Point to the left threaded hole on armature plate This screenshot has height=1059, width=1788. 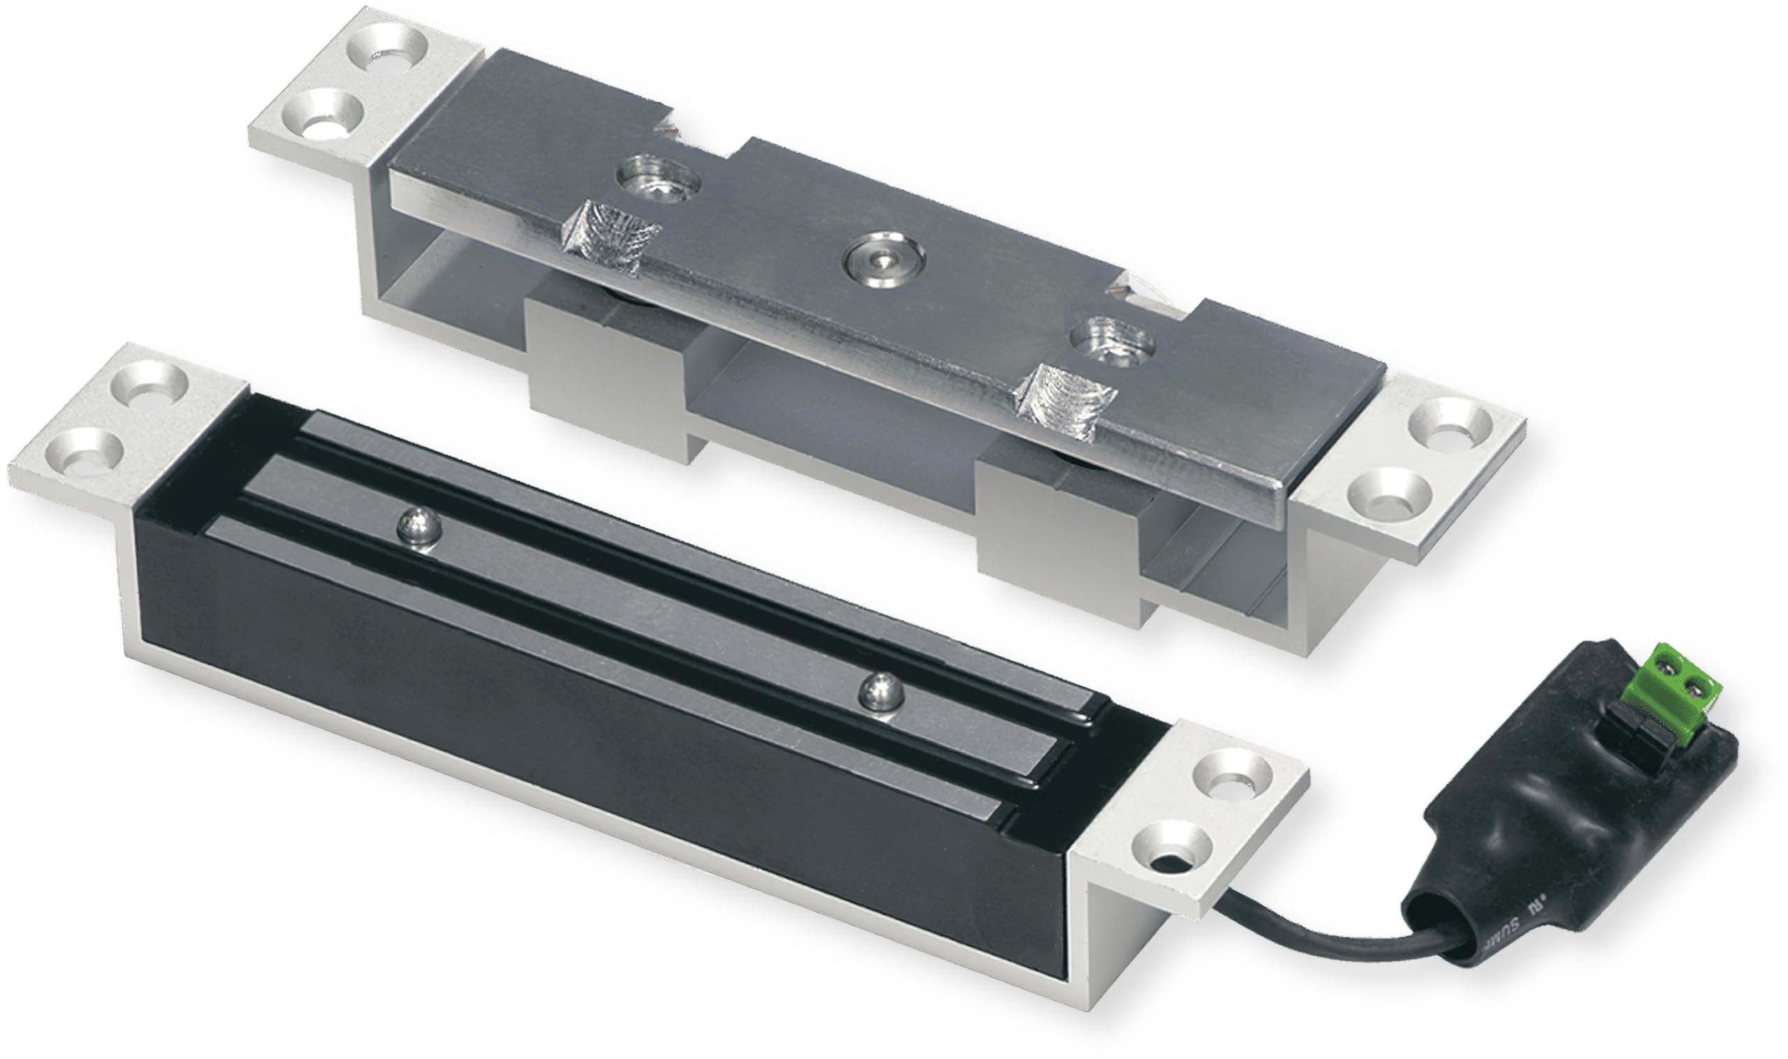[x=657, y=177]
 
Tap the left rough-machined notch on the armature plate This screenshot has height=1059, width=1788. [x=610, y=235]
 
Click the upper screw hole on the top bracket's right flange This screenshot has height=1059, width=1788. [x=1449, y=428]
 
